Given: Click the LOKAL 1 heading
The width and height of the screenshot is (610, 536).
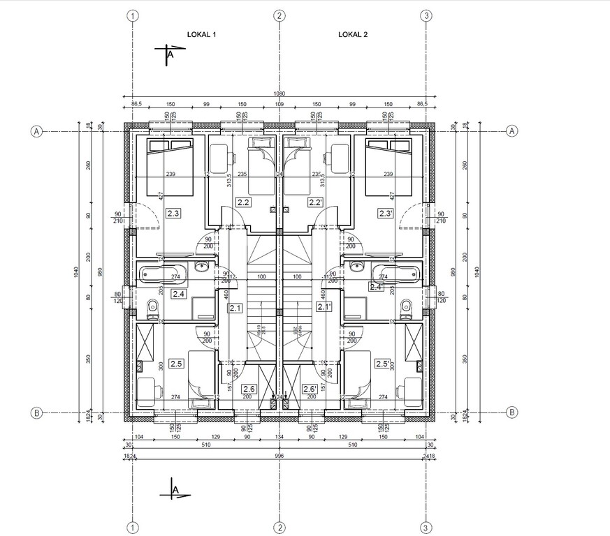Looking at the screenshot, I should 202,33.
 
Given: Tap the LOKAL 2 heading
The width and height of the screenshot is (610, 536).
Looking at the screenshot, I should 353,33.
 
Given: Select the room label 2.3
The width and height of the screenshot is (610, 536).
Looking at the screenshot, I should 173,213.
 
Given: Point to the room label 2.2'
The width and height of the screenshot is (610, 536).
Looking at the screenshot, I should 316,202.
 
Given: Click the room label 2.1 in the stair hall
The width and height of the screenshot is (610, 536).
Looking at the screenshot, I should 235,307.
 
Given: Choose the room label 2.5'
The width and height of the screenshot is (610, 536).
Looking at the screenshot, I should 382,364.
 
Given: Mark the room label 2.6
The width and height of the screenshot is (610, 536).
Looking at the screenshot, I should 249,389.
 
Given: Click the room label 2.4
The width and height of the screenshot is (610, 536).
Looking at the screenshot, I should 178,294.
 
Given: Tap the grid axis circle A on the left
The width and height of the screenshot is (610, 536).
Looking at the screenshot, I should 36,131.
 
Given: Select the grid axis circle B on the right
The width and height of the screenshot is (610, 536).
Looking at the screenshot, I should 512,412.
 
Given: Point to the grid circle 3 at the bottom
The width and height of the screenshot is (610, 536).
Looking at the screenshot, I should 426,526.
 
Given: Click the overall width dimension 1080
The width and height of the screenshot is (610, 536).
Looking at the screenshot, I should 279,94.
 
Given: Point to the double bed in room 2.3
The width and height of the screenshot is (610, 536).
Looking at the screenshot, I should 169,167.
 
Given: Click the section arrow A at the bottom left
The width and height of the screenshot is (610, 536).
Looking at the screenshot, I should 174,491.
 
